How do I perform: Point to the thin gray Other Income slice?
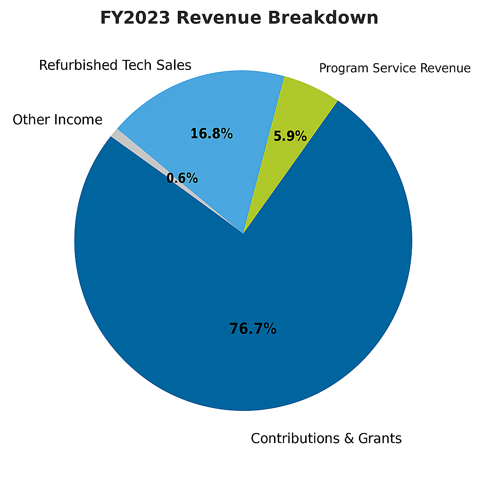coord(115,134)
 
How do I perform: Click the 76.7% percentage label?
coord(253,329)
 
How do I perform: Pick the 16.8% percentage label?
coord(211,134)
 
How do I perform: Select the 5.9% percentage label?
coord(290,137)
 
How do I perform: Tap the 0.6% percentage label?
coord(182,178)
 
